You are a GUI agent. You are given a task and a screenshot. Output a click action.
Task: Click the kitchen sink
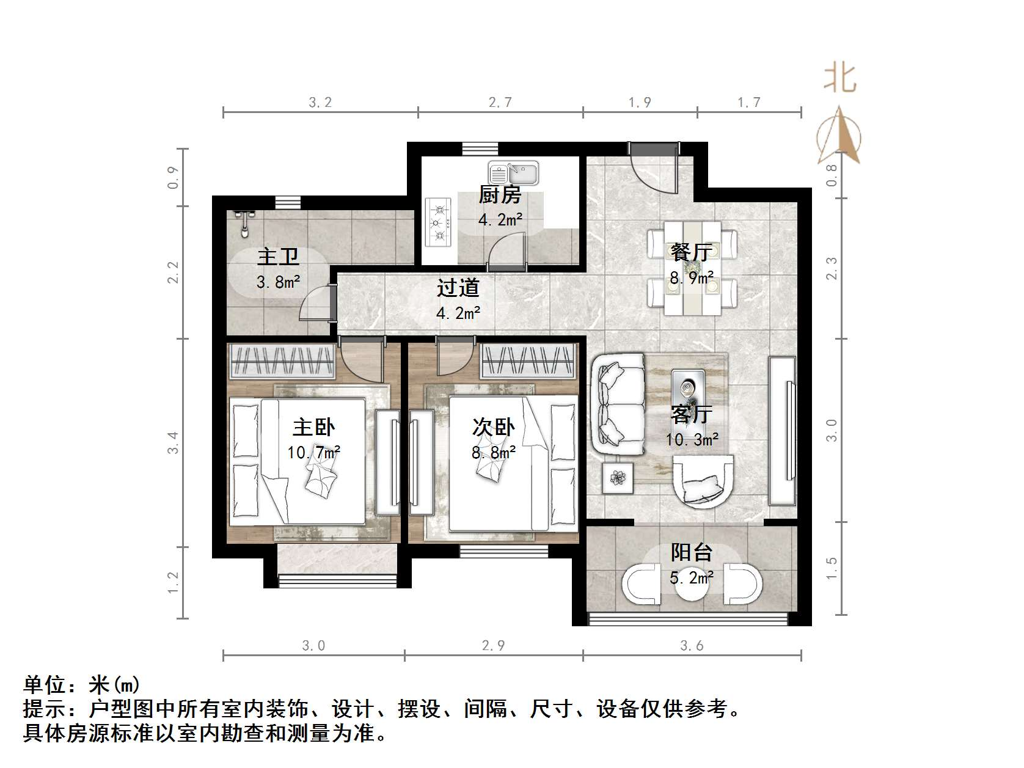click(513, 173)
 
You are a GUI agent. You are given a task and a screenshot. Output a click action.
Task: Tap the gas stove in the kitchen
click(439, 222)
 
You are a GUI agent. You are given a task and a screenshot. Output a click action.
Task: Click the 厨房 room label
click(500, 195)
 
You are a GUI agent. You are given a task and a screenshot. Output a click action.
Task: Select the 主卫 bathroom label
click(278, 257)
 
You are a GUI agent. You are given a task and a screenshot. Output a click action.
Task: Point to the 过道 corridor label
click(458, 288)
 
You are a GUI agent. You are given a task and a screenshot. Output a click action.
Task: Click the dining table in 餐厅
click(692, 268)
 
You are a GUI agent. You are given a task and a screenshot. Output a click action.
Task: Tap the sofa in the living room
click(618, 404)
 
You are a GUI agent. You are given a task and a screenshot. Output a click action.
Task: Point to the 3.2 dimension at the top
click(320, 103)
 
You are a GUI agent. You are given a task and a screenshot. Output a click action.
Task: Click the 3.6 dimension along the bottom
click(692, 646)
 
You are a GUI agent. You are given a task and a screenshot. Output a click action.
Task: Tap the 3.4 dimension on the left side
click(173, 442)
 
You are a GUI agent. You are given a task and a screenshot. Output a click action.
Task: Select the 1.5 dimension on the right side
click(832, 568)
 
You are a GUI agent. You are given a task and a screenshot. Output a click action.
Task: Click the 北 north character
click(839, 78)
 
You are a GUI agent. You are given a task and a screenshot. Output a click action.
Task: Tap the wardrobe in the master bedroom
click(282, 361)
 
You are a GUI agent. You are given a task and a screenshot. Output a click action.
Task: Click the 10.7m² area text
click(313, 452)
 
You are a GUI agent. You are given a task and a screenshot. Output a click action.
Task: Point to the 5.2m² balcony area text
click(692, 578)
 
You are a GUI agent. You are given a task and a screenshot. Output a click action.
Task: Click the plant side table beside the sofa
click(618, 478)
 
